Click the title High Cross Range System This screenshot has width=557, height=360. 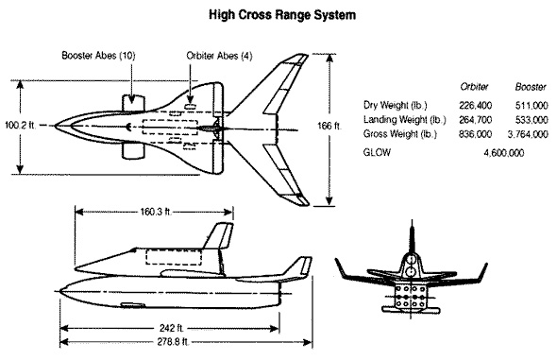[x=282, y=15]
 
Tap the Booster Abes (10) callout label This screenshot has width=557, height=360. [x=98, y=56]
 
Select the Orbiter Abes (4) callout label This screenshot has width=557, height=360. [x=219, y=56]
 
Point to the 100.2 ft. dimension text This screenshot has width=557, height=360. [x=20, y=125]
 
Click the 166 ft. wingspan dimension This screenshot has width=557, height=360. [x=329, y=126]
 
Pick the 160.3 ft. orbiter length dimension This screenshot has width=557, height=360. [x=156, y=213]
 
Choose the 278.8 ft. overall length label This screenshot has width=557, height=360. [x=173, y=342]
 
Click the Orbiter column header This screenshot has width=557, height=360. [x=474, y=86]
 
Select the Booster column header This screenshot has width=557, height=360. [x=531, y=86]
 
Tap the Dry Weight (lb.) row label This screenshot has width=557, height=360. [x=395, y=105]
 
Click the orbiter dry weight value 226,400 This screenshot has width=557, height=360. [x=475, y=106]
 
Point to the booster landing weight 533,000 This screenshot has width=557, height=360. [x=532, y=120]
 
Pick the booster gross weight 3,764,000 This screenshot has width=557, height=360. [x=528, y=134]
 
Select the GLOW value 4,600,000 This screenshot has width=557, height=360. [x=504, y=153]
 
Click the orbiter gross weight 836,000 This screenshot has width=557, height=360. [x=475, y=134]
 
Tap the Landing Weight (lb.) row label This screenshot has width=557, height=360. [x=404, y=120]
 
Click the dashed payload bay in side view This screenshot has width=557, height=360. [x=174, y=257]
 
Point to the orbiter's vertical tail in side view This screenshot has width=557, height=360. [x=218, y=235]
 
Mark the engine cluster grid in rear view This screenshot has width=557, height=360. [x=411, y=296]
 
